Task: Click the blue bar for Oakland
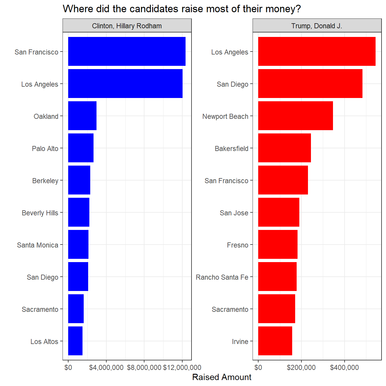82,116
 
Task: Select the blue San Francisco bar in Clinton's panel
127,51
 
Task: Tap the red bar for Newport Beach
295,116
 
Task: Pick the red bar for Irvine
275,341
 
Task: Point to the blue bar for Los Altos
75,341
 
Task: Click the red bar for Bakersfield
284,148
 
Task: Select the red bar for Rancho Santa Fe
277,276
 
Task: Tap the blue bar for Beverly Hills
79,212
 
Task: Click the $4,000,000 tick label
106,368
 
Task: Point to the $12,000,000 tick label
182,368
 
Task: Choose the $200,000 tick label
301,368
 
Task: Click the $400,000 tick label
344,368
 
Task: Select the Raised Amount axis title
222,377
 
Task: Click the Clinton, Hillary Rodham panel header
127,26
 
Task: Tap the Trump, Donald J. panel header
317,26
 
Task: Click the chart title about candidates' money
182,9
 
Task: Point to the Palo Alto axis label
45,149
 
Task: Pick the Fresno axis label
237,245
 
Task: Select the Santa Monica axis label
38,245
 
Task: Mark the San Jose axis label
234,213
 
